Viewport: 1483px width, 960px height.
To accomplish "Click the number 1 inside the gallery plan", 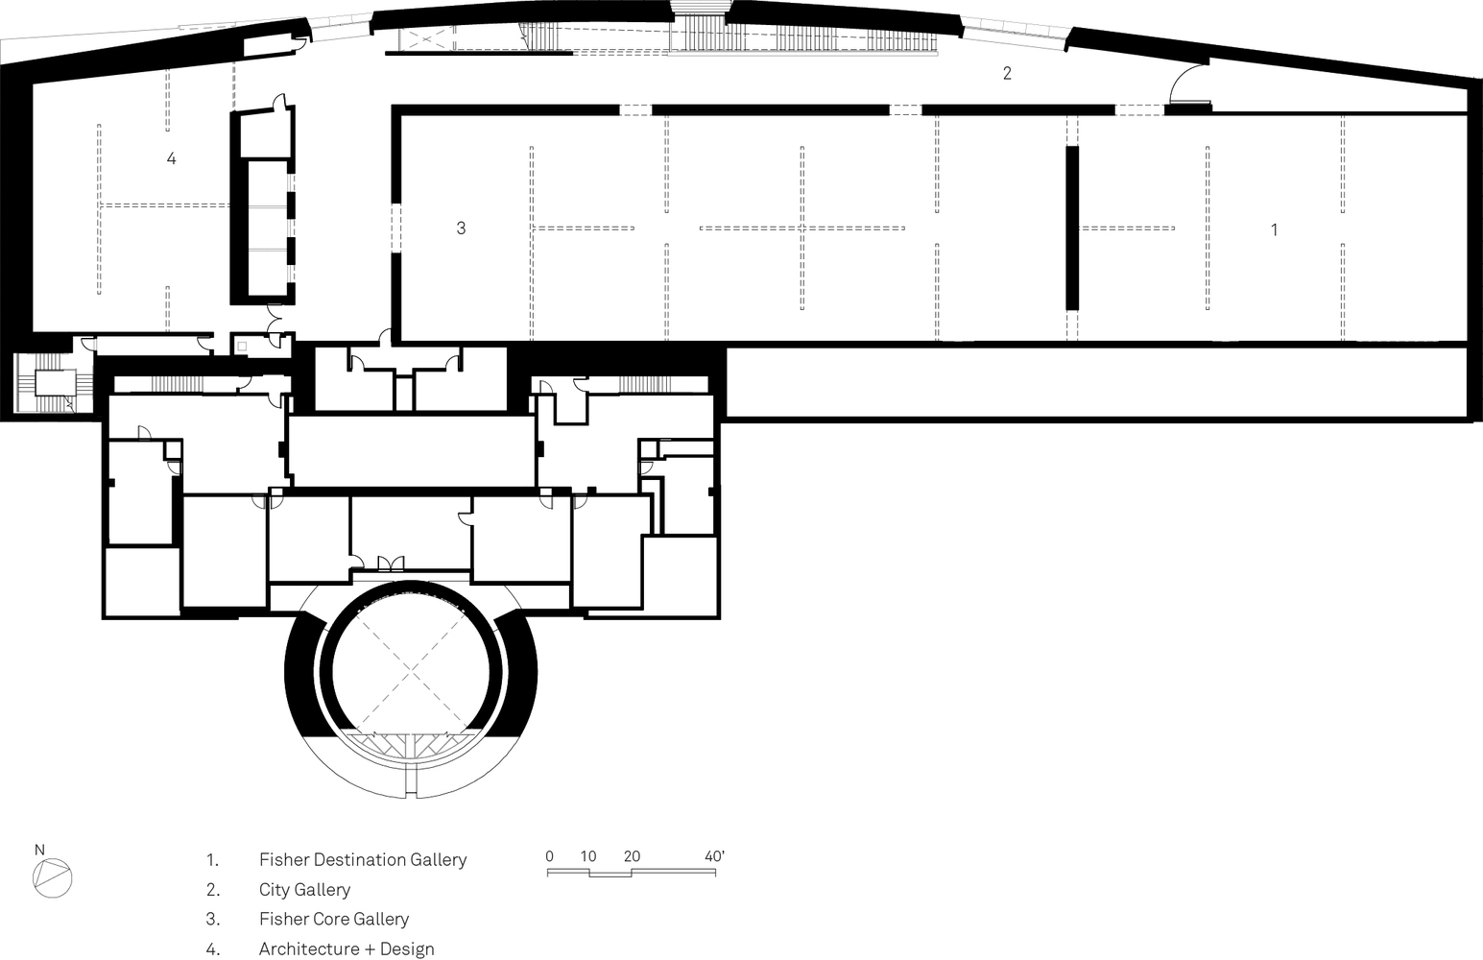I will coord(1274,230).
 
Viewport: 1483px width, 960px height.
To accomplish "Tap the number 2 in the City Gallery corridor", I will coord(1007,73).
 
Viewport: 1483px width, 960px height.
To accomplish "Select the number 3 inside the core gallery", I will coord(461,228).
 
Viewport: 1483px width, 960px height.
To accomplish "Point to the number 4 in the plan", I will coord(171,158).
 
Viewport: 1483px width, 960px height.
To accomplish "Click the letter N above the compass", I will coord(39,850).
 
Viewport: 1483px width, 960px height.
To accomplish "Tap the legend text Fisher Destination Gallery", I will coord(362,860).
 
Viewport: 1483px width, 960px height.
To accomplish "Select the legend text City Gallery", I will coord(304,890).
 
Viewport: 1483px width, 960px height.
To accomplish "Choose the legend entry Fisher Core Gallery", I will coord(333,920).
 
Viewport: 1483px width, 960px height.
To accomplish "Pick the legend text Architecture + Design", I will coord(346,949).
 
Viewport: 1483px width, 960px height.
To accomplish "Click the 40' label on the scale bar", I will coord(714,856).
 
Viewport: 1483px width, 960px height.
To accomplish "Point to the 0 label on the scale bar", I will coord(549,856).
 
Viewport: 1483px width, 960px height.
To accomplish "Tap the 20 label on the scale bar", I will coord(631,856).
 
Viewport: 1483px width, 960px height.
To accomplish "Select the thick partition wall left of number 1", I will coord(1072,228).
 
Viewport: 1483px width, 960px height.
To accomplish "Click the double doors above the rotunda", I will coord(391,564).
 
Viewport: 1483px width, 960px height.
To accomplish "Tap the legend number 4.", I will coord(212,949).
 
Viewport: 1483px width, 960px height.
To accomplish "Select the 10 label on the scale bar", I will coord(588,856).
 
